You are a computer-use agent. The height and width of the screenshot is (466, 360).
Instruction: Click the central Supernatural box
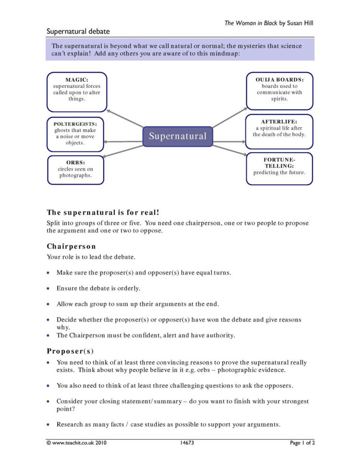coord(178,136)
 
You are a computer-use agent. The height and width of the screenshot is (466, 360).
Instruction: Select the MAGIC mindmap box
coord(77,92)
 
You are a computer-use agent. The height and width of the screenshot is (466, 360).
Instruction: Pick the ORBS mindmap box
coord(76,169)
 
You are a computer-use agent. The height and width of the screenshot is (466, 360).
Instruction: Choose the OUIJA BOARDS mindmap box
coord(279,91)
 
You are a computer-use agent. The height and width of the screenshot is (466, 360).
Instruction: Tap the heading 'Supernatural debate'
coord(78,32)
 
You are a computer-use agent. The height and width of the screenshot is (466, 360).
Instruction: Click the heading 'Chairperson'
coord(71,246)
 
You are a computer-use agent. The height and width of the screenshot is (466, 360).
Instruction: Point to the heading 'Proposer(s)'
coord(70,351)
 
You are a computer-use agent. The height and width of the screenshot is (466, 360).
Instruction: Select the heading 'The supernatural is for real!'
coord(103,212)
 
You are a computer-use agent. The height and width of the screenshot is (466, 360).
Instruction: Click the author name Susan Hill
coord(300,23)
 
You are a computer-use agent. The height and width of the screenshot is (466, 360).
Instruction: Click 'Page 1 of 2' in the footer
coord(302,442)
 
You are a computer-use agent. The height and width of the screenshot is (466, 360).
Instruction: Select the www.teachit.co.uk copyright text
coord(77,442)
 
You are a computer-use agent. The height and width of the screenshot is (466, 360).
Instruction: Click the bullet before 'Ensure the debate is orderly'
coord(48,289)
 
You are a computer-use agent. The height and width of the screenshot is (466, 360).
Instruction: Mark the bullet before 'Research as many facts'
coord(48,425)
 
